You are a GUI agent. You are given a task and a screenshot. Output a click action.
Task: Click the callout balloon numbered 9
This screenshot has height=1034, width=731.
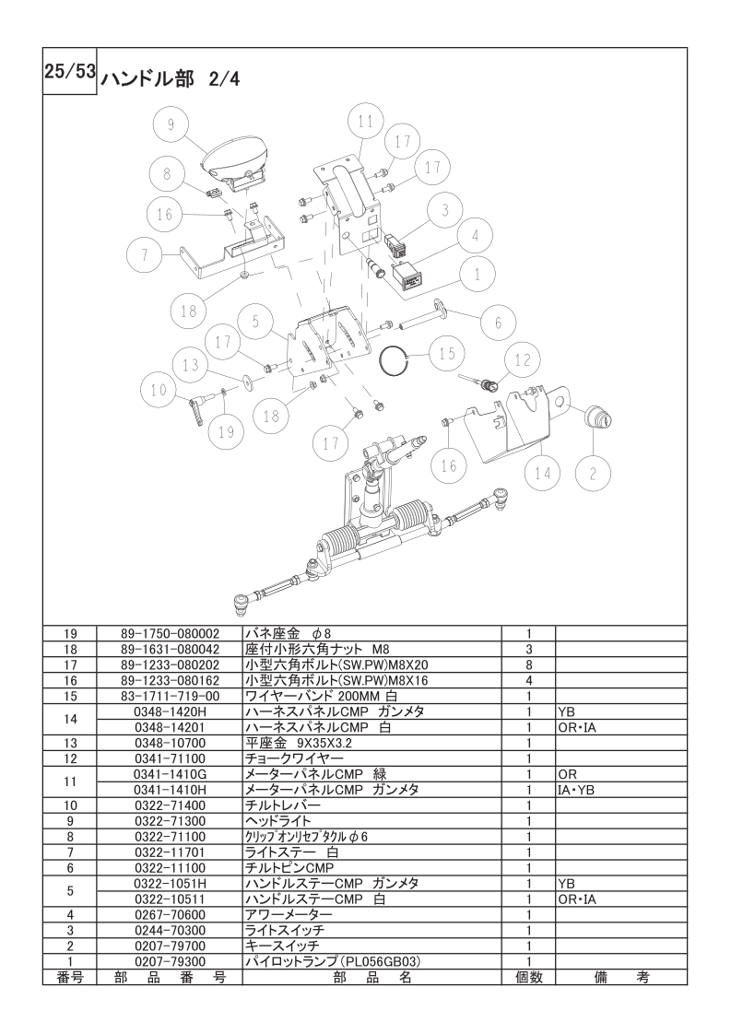[x=171, y=124]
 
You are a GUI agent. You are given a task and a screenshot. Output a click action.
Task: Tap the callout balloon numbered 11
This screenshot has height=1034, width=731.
[x=365, y=122]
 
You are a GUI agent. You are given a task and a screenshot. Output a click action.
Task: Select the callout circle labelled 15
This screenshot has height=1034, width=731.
[x=447, y=353]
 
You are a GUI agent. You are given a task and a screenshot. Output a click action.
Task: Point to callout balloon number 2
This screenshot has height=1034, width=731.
[x=593, y=474]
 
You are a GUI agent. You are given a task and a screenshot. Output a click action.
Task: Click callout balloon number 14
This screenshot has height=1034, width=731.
[x=542, y=472]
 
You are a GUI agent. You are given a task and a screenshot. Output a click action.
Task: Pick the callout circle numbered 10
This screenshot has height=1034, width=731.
[x=159, y=390]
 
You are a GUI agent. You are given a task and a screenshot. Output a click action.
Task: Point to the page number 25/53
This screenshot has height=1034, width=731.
[x=70, y=71]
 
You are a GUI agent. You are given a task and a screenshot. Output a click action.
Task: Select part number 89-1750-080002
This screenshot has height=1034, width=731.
[x=170, y=633]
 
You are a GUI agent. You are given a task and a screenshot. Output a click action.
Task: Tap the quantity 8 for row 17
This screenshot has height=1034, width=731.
[x=529, y=664]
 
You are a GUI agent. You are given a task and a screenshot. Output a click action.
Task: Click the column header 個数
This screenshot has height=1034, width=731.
[x=529, y=977]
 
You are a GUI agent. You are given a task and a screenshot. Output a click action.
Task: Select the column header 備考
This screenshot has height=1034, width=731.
[x=620, y=977]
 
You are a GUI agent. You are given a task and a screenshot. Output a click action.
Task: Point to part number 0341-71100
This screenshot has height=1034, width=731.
[x=170, y=758]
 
